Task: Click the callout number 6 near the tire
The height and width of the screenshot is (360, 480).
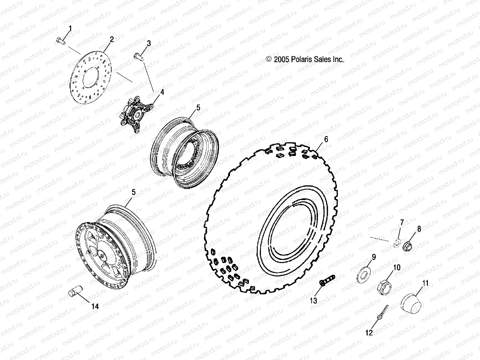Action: [326, 139]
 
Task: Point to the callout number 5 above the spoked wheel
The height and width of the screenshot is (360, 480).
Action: [133, 192]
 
